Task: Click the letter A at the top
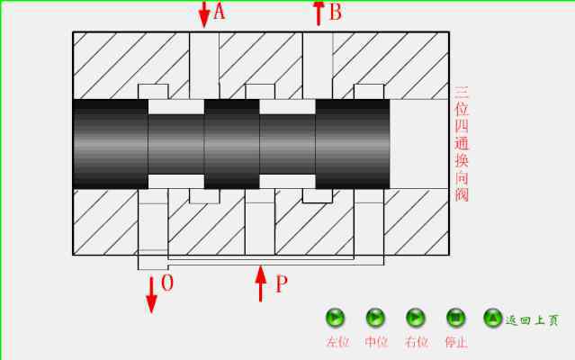219,12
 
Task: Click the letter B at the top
336,12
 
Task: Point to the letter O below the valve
167,283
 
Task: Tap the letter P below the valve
282,284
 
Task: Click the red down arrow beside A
204,13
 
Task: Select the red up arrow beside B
319,13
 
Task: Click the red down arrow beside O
151,295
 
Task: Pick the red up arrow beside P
260,283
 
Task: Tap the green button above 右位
416,318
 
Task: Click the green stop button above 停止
456,318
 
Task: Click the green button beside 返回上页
492,318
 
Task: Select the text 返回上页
532,320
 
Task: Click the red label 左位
337,342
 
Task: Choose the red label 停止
456,342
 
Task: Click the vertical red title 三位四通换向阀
462,144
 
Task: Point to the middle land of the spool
232,144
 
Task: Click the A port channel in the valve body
204,66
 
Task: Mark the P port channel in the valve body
260,221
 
